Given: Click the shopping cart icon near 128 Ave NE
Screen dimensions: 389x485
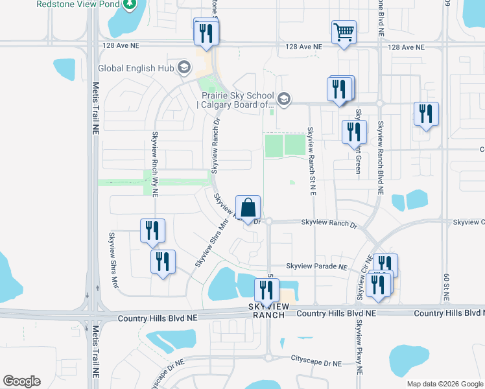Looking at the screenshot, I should click(x=344, y=32).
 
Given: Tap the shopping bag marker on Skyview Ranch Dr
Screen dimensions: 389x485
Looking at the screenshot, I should click(x=248, y=209).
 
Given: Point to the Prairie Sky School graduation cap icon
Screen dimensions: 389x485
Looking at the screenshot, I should click(x=283, y=99).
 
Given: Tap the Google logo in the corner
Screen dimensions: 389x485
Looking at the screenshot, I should click(x=22, y=381).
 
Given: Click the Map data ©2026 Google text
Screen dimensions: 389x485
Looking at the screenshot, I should click(x=445, y=384).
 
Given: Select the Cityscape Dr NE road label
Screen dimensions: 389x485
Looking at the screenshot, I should click(x=316, y=358).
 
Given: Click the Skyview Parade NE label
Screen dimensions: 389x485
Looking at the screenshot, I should click(x=317, y=266).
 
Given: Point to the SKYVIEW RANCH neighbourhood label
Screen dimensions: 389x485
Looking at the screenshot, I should click(x=268, y=310).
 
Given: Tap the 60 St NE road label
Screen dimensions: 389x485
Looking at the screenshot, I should click(x=447, y=285).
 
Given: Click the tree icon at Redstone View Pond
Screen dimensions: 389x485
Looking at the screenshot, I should click(x=131, y=5).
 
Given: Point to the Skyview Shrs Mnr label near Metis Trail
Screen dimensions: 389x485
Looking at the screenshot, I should click(x=113, y=259).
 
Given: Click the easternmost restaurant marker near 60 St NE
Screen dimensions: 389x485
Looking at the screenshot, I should click(x=426, y=115).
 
